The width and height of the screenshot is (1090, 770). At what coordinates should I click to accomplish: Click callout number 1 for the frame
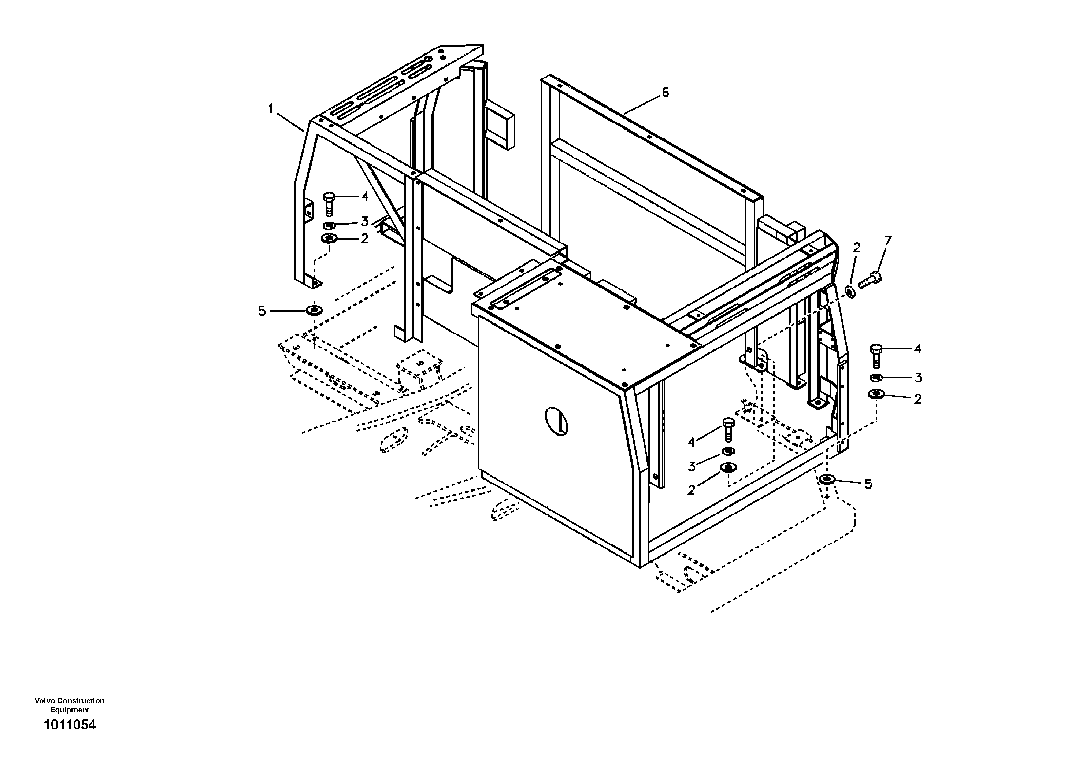(271, 110)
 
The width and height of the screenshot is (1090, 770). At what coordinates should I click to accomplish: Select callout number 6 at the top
(665, 93)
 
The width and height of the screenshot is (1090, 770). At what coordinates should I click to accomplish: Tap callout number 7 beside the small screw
(887, 241)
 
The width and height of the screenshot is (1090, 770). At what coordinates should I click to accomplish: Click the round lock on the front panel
(557, 421)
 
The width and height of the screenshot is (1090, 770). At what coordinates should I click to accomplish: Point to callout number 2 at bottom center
(691, 490)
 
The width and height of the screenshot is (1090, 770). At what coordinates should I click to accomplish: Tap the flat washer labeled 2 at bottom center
(728, 467)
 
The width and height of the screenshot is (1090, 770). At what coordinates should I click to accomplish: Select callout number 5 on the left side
(262, 311)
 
